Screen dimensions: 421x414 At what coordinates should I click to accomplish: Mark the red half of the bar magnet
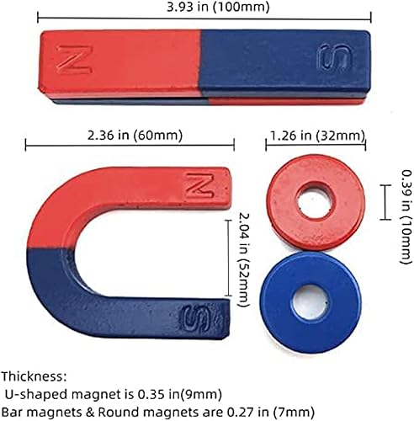118,64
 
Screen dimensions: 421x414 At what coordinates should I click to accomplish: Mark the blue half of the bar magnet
286,64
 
